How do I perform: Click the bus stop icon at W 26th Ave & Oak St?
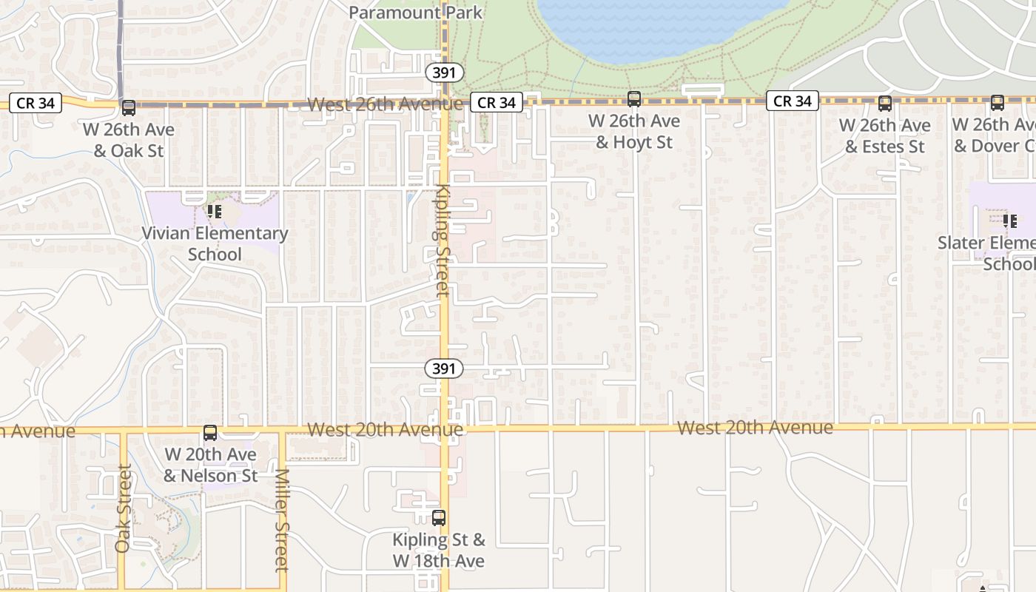point(128,108)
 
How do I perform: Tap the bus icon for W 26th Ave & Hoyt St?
point(633,99)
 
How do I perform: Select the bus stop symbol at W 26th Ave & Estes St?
point(884,104)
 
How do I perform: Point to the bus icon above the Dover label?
point(997,103)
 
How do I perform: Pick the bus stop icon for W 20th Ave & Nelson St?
point(210,433)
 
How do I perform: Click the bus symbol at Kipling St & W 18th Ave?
point(439,518)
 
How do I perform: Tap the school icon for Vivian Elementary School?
point(215,212)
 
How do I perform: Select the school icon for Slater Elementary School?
point(1009,221)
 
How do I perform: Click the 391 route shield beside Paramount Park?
point(445,73)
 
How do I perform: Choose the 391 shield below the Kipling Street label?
point(444,368)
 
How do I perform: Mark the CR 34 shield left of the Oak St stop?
point(36,103)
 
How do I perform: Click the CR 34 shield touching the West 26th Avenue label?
point(497,103)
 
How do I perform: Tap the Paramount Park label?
point(415,13)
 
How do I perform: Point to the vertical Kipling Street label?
point(443,240)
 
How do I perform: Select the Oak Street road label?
point(123,508)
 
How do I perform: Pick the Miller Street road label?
point(281,520)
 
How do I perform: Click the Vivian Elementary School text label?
point(215,243)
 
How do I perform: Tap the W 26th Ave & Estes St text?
point(885,136)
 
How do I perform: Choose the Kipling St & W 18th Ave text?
point(439,550)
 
